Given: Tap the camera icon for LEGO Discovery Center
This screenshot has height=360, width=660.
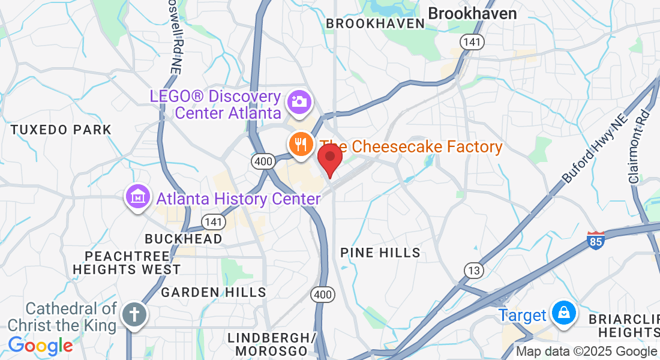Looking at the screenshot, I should (x=298, y=101).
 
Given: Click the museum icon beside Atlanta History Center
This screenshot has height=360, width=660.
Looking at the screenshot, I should (x=137, y=196).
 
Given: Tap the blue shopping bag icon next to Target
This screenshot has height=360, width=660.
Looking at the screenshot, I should (x=564, y=313).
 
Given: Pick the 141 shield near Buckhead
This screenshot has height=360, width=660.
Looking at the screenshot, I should (x=214, y=222).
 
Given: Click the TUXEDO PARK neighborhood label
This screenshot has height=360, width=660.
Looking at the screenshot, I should (x=61, y=130).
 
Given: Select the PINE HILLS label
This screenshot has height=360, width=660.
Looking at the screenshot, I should (x=380, y=253).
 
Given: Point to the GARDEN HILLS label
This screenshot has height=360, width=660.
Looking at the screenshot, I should (x=213, y=292).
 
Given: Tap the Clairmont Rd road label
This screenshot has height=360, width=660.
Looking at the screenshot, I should (x=638, y=146).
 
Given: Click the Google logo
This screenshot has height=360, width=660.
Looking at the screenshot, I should (x=40, y=346).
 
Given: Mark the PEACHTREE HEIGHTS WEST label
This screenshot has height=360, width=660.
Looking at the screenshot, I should (x=126, y=263).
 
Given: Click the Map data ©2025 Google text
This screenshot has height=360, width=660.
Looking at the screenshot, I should (x=586, y=352).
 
